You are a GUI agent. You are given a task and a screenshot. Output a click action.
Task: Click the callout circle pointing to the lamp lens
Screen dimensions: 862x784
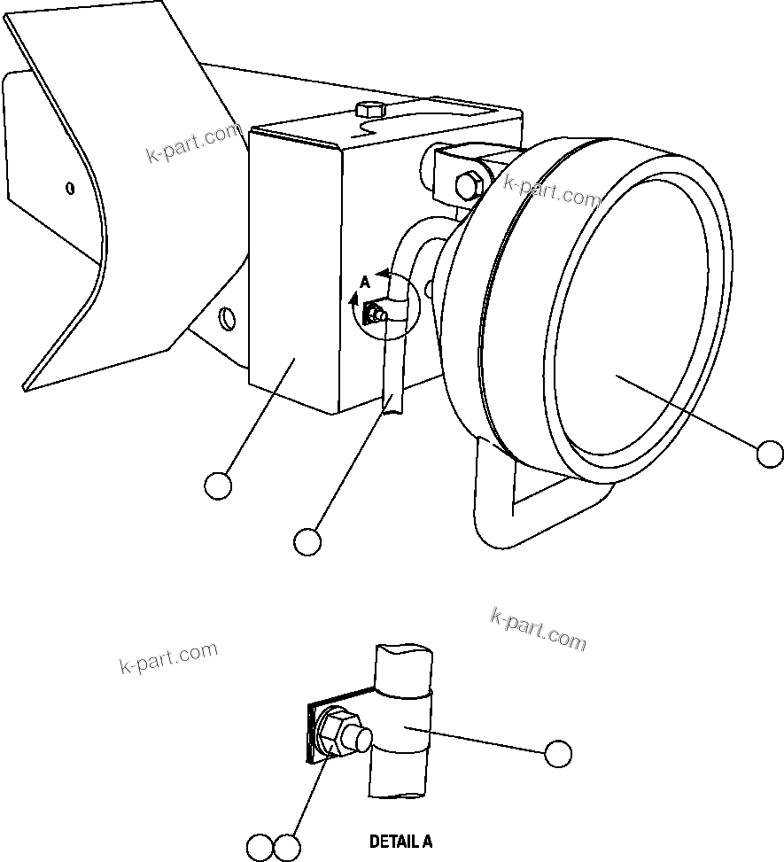click(x=770, y=454)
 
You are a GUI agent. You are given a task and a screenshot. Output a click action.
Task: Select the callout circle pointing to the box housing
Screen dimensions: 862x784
click(x=218, y=485)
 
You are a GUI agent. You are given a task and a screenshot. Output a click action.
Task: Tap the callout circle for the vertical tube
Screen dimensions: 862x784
click(x=307, y=541)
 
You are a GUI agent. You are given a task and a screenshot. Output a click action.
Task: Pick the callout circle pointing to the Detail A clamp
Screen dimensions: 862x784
click(x=557, y=753)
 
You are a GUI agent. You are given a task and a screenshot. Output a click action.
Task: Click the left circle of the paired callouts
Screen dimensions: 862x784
click(x=260, y=848)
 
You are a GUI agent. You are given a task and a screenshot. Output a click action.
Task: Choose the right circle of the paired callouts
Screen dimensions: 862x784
click(x=287, y=848)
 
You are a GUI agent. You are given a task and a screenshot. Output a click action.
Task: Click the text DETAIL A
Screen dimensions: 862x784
click(x=400, y=841)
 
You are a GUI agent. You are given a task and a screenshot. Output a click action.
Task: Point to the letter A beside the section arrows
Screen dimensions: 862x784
click(x=365, y=283)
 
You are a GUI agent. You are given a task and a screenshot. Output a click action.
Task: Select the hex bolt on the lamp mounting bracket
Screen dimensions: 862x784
click(x=467, y=186)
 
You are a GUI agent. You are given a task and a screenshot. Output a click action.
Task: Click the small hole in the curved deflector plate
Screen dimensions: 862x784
click(x=70, y=187)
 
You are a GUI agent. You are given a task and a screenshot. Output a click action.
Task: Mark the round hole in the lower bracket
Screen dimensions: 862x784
click(x=227, y=316)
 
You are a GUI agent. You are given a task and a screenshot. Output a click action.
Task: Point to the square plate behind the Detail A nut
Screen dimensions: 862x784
click(x=313, y=731)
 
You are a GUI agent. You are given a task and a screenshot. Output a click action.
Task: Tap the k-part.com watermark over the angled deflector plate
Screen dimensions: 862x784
click(x=193, y=144)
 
